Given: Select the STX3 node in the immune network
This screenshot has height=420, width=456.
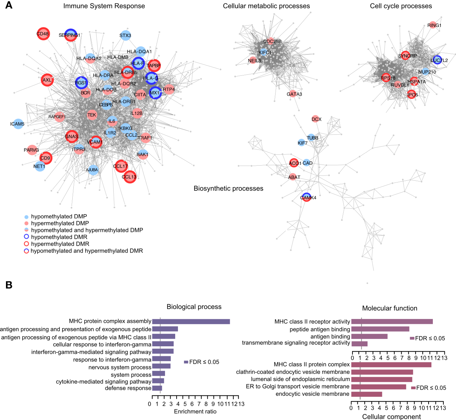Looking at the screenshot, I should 125,35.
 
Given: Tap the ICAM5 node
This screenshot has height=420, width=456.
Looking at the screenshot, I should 18,124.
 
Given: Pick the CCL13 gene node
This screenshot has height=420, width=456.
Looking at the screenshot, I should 130,177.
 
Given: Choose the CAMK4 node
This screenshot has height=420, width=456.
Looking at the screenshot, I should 306,198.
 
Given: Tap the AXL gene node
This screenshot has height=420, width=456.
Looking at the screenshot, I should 47,80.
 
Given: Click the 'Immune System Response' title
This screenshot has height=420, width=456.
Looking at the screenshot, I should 104,6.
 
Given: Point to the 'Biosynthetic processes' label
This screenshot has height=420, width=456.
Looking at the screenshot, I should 228,188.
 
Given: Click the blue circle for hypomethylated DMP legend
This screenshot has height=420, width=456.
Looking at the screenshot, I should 26,217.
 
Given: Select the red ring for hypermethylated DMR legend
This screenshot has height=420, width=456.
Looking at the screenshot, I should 26,244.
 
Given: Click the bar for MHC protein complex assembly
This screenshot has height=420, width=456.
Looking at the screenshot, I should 191,321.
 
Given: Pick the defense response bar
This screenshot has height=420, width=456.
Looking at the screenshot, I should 157,388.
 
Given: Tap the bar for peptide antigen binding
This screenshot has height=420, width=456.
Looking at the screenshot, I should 380,329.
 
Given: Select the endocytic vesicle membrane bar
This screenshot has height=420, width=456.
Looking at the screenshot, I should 366,394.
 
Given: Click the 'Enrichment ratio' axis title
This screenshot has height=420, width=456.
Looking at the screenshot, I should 195,412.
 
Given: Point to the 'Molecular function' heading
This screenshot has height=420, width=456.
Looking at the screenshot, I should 390,308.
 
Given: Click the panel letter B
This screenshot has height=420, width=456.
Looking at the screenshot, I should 9,285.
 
